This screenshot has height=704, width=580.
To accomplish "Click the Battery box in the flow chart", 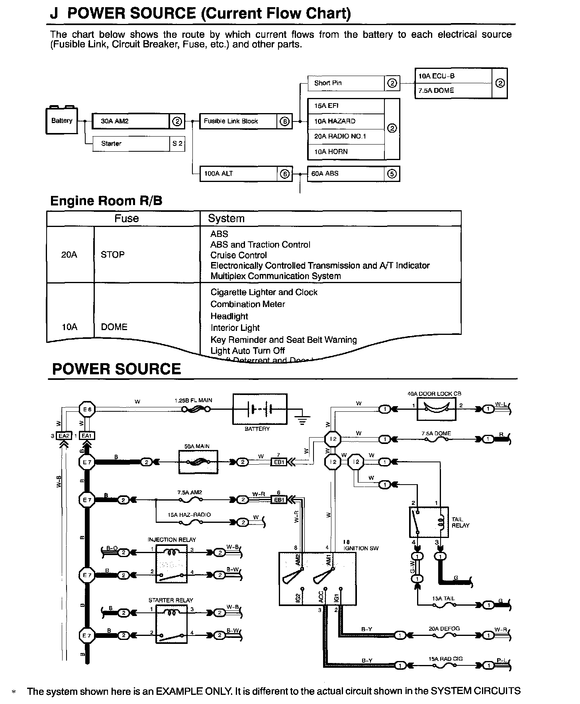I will click(x=62, y=121).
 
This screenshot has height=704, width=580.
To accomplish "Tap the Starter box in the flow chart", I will click(x=131, y=144).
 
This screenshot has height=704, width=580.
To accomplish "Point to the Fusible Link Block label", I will click(x=231, y=121).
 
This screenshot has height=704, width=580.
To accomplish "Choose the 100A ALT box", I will click(x=238, y=174).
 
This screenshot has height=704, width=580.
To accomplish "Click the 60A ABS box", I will click(x=346, y=174).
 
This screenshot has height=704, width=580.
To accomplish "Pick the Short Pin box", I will click(x=346, y=83).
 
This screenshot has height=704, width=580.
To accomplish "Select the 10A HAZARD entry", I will click(x=346, y=121).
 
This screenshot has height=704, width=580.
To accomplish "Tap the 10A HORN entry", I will click(x=346, y=152).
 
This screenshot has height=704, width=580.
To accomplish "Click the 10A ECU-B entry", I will click(x=453, y=76).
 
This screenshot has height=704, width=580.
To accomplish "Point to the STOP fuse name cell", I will click(x=113, y=255).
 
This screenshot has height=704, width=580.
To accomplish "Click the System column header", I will click(x=226, y=219).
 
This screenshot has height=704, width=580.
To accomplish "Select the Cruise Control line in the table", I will click(x=239, y=255).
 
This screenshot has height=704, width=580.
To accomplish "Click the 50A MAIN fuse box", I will click(x=198, y=462).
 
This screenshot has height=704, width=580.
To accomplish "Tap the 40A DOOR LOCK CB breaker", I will click(x=436, y=409).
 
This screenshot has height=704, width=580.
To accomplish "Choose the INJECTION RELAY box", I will click(x=171, y=562).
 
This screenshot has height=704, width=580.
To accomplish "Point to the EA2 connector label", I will click(x=64, y=436).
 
